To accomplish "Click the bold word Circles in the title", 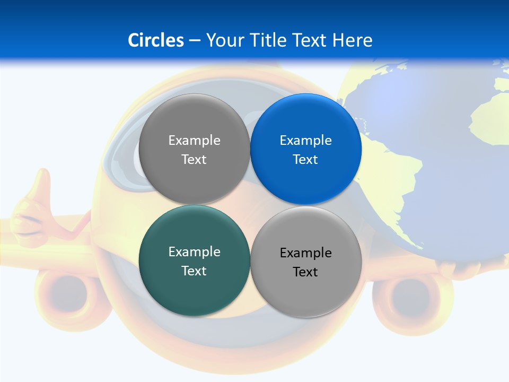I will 156,40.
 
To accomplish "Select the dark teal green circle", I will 194,289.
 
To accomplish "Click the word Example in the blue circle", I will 305,141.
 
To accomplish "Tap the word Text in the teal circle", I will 194,271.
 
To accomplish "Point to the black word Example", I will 305,253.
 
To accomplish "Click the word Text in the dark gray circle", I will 194,160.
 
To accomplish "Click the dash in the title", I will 195,40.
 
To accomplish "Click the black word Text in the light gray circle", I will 305,272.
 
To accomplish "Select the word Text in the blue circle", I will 305,160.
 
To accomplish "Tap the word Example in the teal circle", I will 194,252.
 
